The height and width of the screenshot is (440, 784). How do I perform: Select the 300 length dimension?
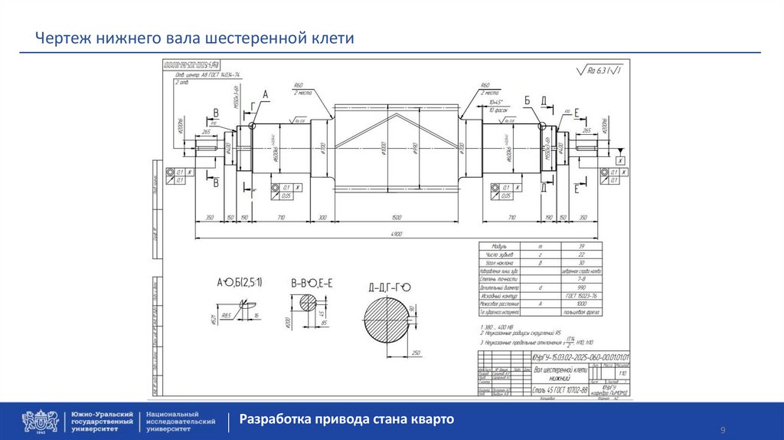(322, 218)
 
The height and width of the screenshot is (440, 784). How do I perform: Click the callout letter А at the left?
(266, 95)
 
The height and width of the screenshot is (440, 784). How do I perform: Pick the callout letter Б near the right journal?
(527, 100)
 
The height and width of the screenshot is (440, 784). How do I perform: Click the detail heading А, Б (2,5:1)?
(239, 283)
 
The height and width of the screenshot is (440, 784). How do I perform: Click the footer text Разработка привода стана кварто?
(347, 419)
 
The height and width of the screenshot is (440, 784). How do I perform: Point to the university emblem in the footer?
(40, 421)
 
